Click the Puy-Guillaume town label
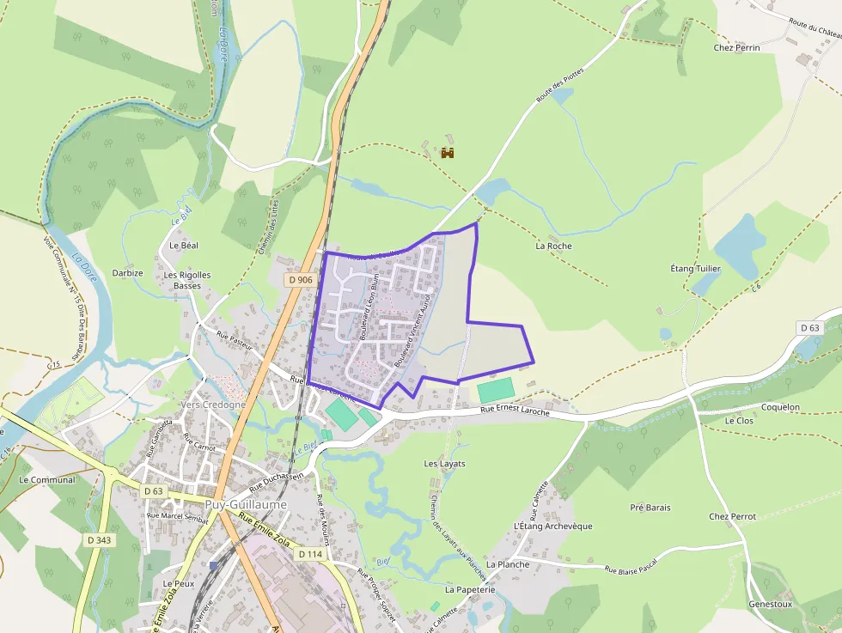click(x=246, y=505)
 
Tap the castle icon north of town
click(x=447, y=153)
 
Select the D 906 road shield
click(x=301, y=279)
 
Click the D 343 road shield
click(x=100, y=540)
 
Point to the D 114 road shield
click(x=310, y=554)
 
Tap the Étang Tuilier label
click(x=695, y=269)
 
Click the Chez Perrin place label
click(x=736, y=47)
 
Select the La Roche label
click(x=553, y=246)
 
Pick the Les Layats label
click(x=444, y=463)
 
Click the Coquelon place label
click(x=780, y=407)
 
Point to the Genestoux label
click(x=770, y=604)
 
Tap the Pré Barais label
click(x=650, y=508)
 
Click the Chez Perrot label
click(x=732, y=517)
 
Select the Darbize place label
click(x=127, y=272)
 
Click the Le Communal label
click(x=47, y=479)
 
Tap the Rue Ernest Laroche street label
click(x=514, y=412)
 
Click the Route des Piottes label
click(x=560, y=85)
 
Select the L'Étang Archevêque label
click(x=552, y=526)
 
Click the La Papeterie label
click(x=470, y=590)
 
